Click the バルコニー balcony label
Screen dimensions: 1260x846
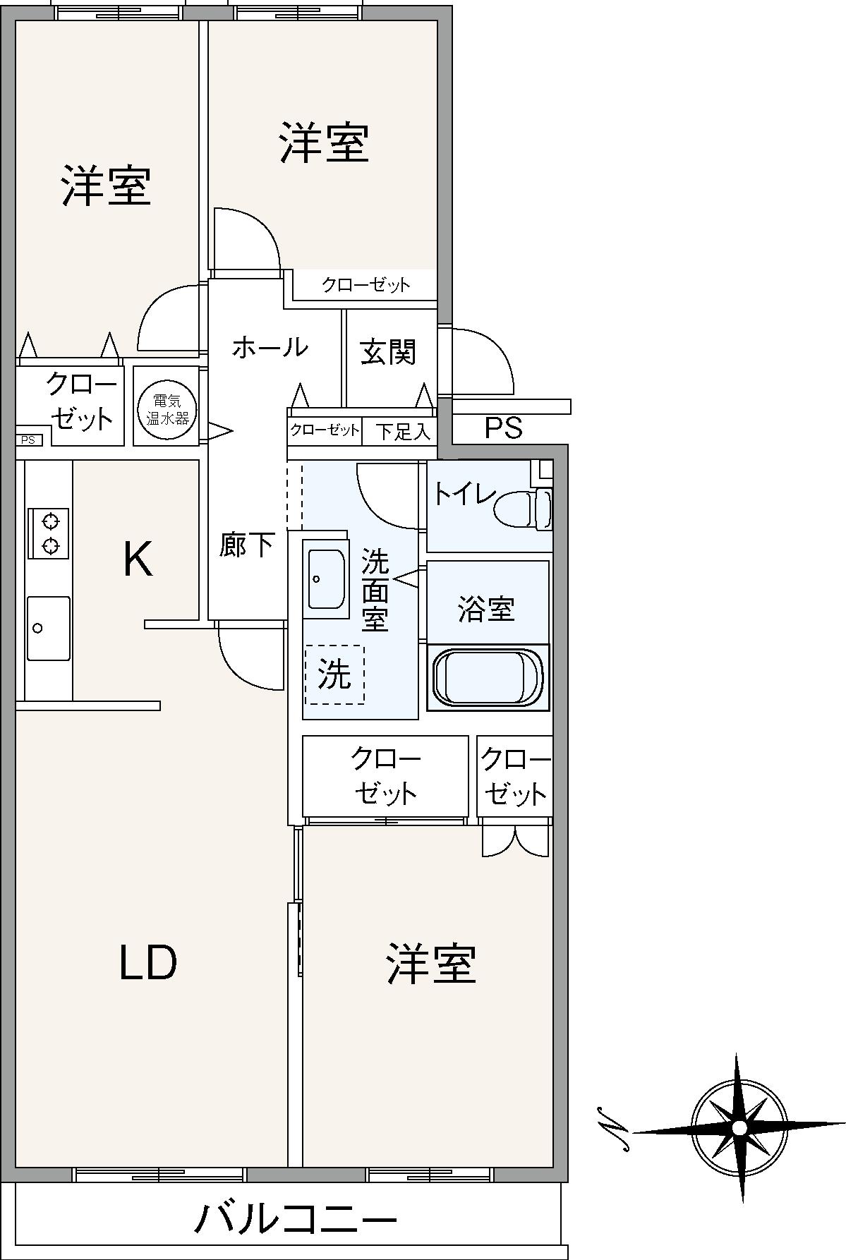pos(296,1218)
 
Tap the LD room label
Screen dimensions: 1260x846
pos(147,963)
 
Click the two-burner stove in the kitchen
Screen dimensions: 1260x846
pos(49,533)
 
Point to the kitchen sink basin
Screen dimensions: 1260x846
pos(48,628)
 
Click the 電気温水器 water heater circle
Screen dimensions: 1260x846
pos(167,408)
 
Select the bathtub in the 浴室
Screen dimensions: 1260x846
pos(488,677)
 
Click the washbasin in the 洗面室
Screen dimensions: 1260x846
pos(326,579)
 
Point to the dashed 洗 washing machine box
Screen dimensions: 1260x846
pos(334,674)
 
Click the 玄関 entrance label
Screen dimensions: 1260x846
pos(388,352)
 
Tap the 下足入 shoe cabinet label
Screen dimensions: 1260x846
pos(401,432)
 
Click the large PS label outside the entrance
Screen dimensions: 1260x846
pos(504,428)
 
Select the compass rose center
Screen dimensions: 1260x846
pos(739,1127)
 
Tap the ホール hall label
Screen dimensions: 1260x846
pos(270,347)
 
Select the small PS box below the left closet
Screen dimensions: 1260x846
pos(28,440)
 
